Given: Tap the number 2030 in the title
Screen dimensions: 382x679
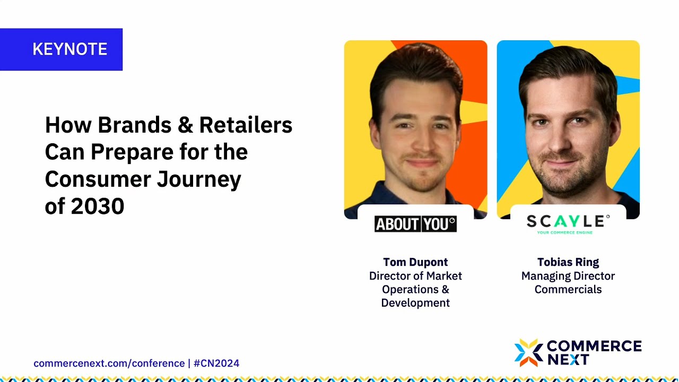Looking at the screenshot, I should pyautogui.click(x=97, y=206).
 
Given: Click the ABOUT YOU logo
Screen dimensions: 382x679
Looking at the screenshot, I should pyautogui.click(x=415, y=224).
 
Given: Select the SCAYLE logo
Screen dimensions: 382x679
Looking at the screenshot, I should pyautogui.click(x=568, y=221).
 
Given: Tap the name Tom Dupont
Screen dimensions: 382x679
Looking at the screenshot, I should pyautogui.click(x=415, y=262).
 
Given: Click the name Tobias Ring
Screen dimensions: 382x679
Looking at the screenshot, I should pyautogui.click(x=568, y=262).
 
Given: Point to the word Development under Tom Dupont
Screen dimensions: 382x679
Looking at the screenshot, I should pyautogui.click(x=415, y=303).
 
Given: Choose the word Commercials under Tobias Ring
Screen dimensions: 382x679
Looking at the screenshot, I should pyautogui.click(x=568, y=290).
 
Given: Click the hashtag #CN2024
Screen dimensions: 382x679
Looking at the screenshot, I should pyautogui.click(x=216, y=363).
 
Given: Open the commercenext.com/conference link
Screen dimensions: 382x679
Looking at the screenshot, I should pyautogui.click(x=109, y=363).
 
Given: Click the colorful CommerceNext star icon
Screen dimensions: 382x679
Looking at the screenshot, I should pyautogui.click(x=528, y=353).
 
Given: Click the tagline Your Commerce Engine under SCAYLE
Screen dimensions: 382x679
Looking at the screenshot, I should pyautogui.click(x=564, y=232).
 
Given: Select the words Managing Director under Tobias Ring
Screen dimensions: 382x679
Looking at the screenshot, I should pyautogui.click(x=568, y=276).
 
